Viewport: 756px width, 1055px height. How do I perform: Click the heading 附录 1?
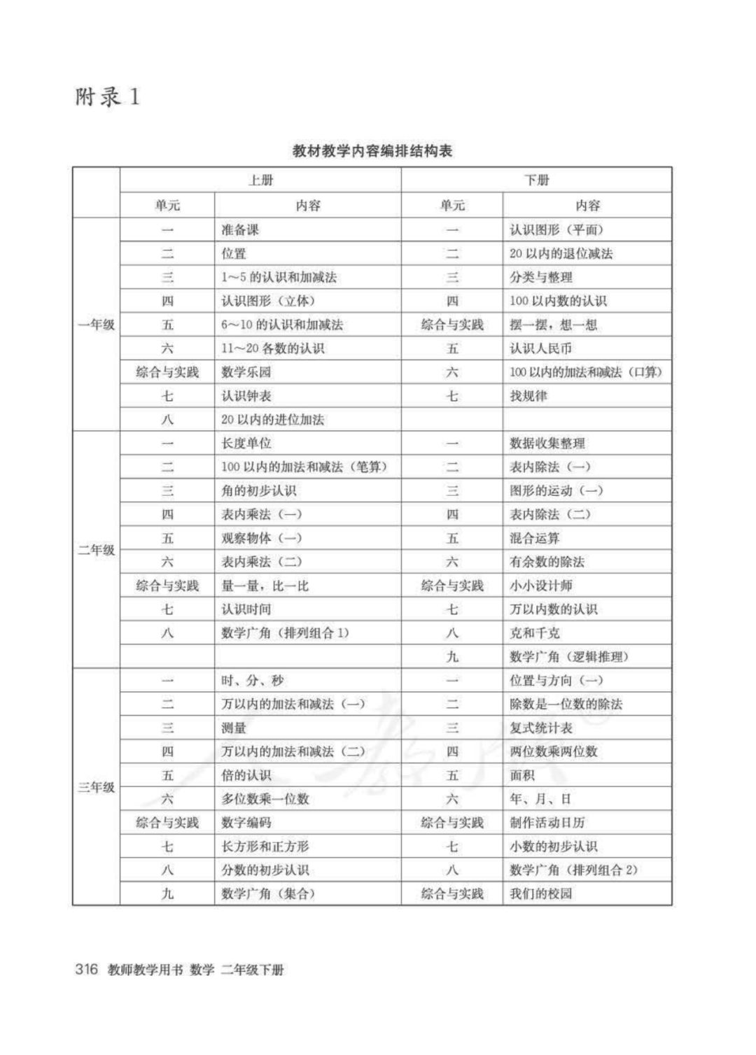(107, 97)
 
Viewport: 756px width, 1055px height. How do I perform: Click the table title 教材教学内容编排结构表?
(372, 150)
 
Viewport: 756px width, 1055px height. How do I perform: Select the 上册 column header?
(260, 180)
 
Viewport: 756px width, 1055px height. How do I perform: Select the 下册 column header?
(537, 180)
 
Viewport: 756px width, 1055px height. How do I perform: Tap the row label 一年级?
(97, 325)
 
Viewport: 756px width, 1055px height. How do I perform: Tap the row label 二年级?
(97, 550)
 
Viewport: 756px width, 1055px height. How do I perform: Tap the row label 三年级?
(97, 787)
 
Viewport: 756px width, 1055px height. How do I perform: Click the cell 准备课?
(240, 229)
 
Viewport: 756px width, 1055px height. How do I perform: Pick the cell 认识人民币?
(541, 348)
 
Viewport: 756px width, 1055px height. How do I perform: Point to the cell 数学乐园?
(246, 372)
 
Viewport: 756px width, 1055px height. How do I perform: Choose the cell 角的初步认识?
(259, 490)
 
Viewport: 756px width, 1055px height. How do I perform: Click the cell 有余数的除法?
(547, 562)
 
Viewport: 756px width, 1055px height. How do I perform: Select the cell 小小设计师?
(541, 586)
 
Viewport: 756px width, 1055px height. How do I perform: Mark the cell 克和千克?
(535, 633)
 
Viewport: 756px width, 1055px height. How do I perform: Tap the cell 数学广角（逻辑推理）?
(569, 657)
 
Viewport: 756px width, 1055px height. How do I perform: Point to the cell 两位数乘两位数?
(553, 751)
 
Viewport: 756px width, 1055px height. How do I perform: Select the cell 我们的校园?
(541, 893)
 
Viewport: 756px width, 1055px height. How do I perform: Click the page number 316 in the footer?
(86, 970)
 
